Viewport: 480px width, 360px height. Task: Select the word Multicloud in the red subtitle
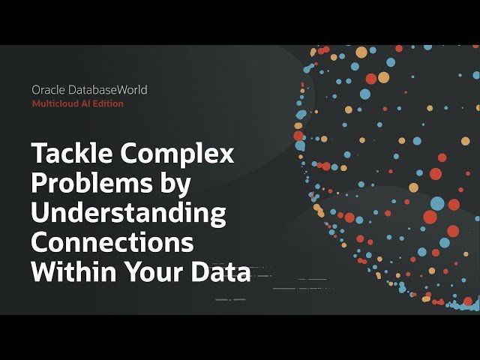point(55,103)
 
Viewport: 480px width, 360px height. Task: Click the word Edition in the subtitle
point(108,103)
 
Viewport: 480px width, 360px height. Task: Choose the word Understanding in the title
point(128,214)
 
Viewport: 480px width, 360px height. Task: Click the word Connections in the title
point(112,243)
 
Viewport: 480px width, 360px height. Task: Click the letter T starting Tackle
point(37,154)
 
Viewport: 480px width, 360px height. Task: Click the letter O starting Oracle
point(36,90)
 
